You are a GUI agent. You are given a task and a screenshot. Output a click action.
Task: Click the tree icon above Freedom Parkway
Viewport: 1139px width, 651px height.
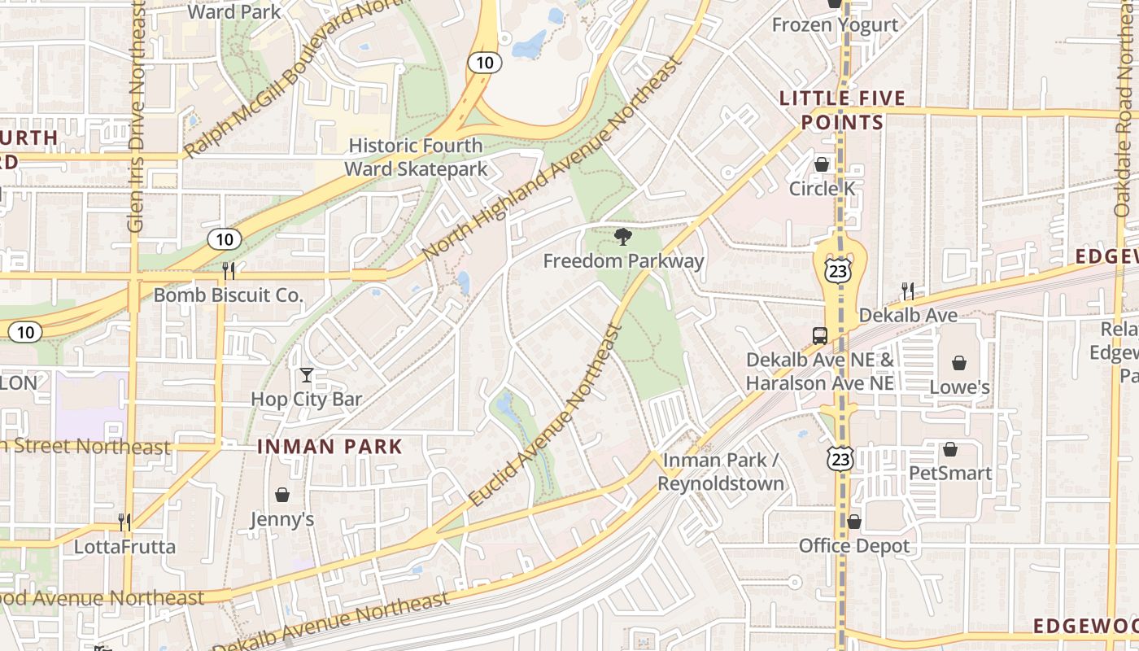pyautogui.click(x=623, y=237)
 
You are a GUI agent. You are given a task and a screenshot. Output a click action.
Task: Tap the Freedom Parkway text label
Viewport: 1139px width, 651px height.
pyautogui.click(x=623, y=261)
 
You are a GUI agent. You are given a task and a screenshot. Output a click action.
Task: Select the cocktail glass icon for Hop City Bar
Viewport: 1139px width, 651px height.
pyautogui.click(x=307, y=375)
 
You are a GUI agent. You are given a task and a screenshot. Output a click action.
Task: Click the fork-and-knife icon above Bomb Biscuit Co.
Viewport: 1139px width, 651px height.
pyautogui.click(x=229, y=270)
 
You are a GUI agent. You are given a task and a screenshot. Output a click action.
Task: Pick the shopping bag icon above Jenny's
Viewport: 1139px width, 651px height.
pyautogui.click(x=282, y=495)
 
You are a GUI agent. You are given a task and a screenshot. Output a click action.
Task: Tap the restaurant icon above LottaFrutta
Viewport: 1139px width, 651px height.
pyautogui.click(x=124, y=522)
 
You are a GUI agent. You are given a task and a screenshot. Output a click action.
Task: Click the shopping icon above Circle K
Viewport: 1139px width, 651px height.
pyautogui.click(x=822, y=164)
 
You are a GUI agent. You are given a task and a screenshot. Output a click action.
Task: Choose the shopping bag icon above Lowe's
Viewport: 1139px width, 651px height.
pyautogui.click(x=960, y=363)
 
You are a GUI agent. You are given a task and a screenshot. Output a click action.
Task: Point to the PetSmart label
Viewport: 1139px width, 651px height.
pyautogui.click(x=950, y=473)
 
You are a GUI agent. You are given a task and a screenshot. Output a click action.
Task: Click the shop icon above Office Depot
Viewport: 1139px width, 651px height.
pyautogui.click(x=853, y=522)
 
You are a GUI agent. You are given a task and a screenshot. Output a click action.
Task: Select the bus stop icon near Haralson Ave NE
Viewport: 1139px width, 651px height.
pyautogui.click(x=820, y=335)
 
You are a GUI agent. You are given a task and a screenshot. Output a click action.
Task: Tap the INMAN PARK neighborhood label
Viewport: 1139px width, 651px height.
pyautogui.click(x=330, y=447)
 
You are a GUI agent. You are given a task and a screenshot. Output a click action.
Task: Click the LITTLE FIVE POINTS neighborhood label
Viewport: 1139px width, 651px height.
pyautogui.click(x=842, y=111)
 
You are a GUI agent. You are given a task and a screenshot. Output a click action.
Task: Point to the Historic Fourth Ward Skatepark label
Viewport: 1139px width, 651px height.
pyautogui.click(x=416, y=157)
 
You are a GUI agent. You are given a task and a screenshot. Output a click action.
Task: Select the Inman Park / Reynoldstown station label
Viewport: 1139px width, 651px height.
pyautogui.click(x=721, y=472)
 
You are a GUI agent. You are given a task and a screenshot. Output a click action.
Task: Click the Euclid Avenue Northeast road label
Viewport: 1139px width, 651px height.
pyautogui.click(x=546, y=417)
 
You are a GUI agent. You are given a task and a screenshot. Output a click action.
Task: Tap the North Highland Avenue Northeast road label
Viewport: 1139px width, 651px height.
pyautogui.click(x=552, y=159)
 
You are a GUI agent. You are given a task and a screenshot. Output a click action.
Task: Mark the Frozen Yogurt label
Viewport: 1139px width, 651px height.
pyautogui.click(x=835, y=25)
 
